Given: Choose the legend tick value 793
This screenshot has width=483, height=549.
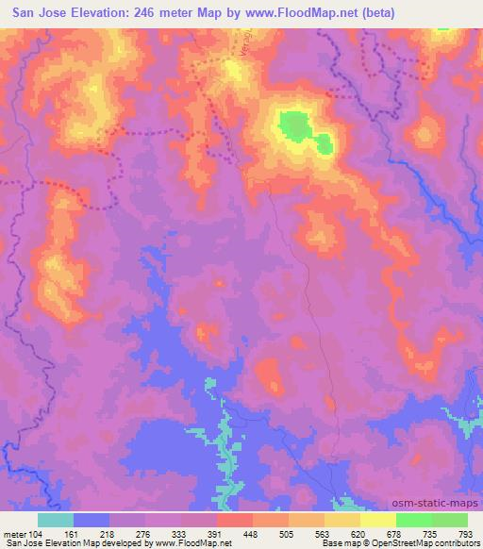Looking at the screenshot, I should (465, 532).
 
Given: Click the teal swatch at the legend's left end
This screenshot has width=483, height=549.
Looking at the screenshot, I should (55, 519).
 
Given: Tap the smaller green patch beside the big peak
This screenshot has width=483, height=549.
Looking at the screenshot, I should (324, 144).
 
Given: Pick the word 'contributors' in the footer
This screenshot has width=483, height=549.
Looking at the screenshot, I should (455, 542).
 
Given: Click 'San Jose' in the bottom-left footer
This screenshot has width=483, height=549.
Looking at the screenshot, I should (21, 542).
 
